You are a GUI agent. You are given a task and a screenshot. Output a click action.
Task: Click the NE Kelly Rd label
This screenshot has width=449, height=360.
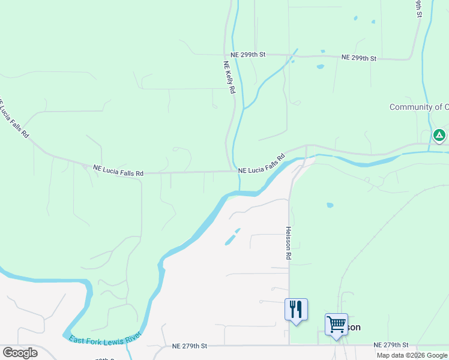coord(229,77)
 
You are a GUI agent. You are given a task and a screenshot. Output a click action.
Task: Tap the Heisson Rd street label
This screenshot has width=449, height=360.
coord(289,242)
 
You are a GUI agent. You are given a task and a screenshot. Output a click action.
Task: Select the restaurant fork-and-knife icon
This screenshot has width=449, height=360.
coord(296,310)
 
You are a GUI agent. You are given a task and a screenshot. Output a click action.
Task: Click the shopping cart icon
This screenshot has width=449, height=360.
coord(336,325)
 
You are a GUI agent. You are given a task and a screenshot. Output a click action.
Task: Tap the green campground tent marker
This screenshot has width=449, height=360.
coord(439,135)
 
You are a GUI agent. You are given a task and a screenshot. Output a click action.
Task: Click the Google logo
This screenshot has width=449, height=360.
coord(20,353)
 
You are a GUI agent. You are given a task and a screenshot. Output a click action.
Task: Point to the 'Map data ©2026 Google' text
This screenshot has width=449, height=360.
coord(412,355)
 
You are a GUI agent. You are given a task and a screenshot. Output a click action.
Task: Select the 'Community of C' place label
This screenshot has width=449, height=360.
coord(418,107)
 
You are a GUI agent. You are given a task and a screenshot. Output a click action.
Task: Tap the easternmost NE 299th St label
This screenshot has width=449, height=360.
coord(359,58)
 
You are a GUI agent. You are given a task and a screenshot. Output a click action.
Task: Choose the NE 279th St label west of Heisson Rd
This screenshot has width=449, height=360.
coord(190,346)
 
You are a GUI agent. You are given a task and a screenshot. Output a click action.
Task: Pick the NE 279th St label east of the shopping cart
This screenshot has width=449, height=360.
coord(391,346)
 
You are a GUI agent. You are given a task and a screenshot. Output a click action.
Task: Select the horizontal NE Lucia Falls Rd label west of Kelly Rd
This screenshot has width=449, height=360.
coord(118,171)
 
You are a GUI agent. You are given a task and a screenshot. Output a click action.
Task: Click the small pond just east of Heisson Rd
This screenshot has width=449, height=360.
coord(330,205)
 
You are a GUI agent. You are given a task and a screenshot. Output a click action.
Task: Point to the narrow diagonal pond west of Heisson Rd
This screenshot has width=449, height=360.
coord(232,236)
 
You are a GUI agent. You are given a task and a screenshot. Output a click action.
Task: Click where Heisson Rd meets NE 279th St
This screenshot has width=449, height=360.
coord(289,345)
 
